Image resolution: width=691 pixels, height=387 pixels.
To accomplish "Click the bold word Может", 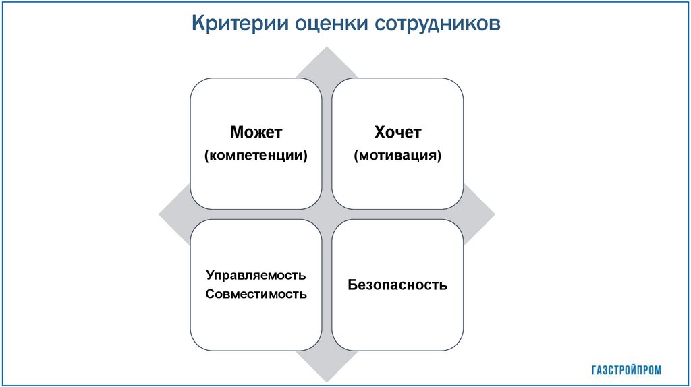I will click(x=256, y=132).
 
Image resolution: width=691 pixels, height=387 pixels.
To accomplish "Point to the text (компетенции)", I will click(x=256, y=156).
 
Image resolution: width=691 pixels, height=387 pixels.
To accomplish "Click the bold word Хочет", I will click(x=397, y=132).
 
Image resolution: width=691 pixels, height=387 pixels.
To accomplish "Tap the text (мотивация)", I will click(x=397, y=156).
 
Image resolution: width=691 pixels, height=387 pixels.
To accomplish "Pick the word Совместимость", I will click(x=256, y=294).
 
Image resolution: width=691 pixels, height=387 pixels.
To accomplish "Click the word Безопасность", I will click(x=397, y=285).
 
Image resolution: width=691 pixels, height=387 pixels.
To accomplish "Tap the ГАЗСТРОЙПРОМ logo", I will click(x=626, y=369).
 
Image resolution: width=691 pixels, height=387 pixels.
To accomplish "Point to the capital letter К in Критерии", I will click(x=198, y=24).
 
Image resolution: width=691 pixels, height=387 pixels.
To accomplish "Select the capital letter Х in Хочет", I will click(x=378, y=132).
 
